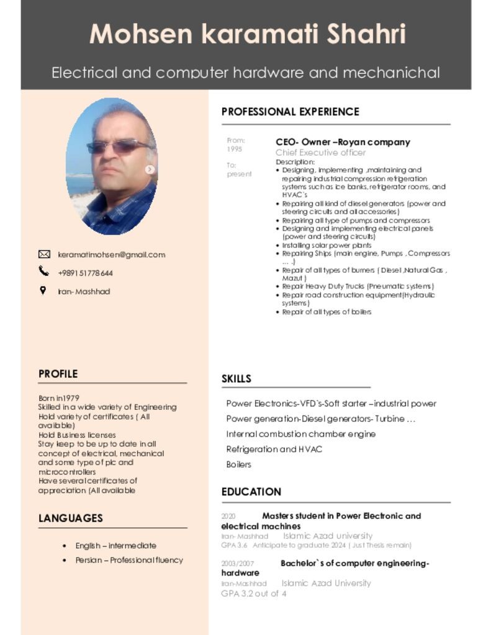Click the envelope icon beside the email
pos(44,254)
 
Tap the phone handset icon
pos(43,271)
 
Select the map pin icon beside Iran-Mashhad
pos(43,290)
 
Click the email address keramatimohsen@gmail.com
pos(112,255)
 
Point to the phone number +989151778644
pos(86,273)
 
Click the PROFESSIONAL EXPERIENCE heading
pos(290,112)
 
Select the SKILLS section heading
pos(236,379)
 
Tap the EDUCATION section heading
pos(251,492)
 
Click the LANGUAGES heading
pos(71,518)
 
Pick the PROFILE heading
pos(58,374)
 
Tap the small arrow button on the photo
pos(150,169)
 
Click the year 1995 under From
pos(235,149)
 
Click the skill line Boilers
pos(239,464)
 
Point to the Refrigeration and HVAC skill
pos(274,449)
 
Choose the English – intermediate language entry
pos(116,546)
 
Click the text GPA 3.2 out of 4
pos(254,593)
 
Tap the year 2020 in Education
pos(228,516)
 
